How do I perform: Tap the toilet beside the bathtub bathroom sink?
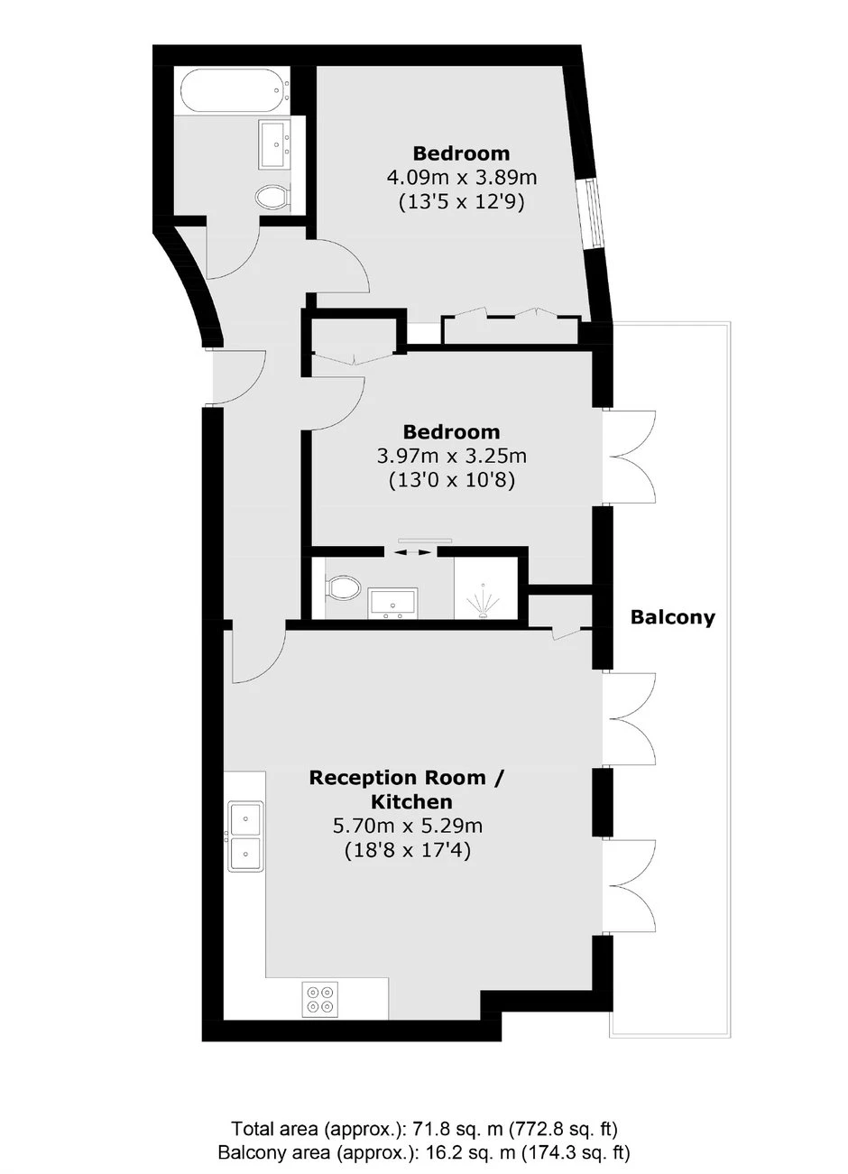coord(273,198)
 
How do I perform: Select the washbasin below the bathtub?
coord(276,143)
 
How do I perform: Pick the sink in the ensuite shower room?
coord(392,603)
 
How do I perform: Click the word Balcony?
coord(672,617)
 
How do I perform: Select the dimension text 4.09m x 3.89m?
coord(462,178)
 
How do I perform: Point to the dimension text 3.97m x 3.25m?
coord(452,456)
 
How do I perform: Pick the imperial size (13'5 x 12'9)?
coord(462,202)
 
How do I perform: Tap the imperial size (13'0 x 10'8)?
coord(452,480)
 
